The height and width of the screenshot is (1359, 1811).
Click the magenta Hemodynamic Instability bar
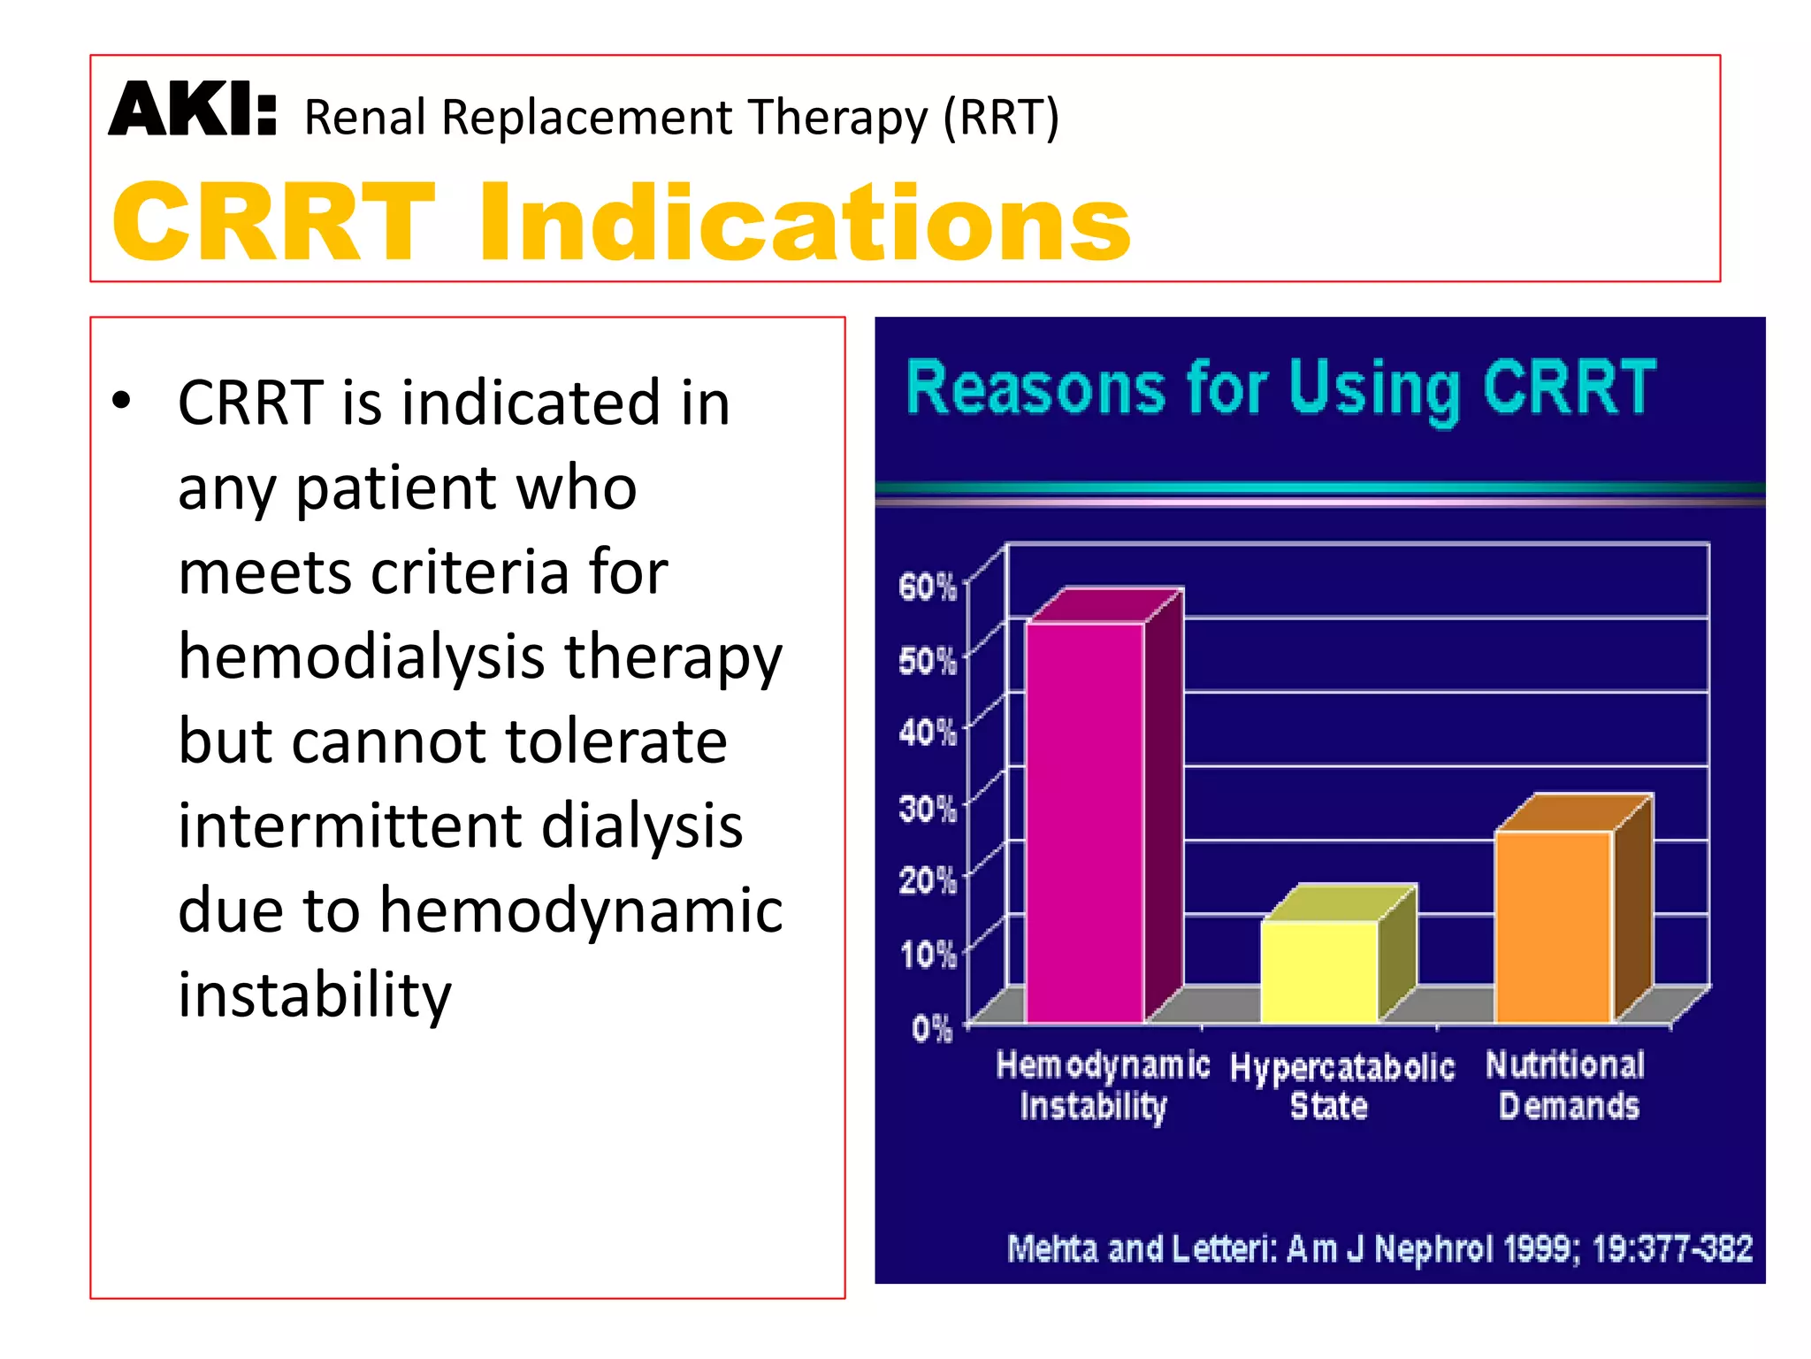click(1085, 823)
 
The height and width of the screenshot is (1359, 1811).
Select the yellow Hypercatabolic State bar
click(1319, 971)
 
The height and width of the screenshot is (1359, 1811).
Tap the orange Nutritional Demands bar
click(1554, 926)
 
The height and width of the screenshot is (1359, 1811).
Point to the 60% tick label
click(927, 587)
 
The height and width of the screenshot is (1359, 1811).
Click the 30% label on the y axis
click(927, 809)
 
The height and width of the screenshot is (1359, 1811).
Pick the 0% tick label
click(932, 1029)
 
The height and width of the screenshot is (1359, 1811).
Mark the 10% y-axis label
click(928, 955)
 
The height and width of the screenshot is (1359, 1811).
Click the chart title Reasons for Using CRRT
click(1280, 389)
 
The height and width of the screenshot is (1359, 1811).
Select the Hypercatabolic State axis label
click(1341, 1086)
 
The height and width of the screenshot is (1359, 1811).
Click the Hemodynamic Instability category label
click(1102, 1086)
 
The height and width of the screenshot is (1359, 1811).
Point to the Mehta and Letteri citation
click(1379, 1248)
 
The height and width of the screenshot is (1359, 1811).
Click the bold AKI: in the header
click(193, 111)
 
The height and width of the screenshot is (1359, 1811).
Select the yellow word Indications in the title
click(805, 222)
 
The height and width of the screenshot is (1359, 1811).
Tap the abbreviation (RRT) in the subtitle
click(1000, 118)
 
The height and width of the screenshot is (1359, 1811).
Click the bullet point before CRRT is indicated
click(121, 401)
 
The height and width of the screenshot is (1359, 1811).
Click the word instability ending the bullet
click(314, 994)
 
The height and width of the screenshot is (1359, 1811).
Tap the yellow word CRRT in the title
click(274, 222)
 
